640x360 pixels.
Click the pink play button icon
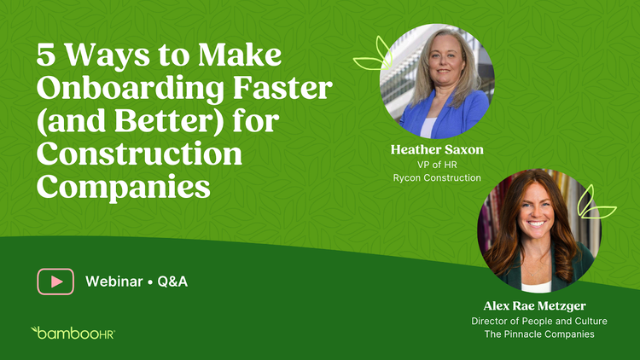(x=55, y=282)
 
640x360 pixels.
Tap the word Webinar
(x=113, y=282)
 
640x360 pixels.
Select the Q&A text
(x=172, y=282)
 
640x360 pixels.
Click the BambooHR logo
(x=73, y=333)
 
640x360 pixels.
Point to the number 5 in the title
(x=46, y=55)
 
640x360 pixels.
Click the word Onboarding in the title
(x=131, y=89)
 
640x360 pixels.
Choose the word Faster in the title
(x=282, y=88)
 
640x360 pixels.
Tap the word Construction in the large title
(x=139, y=154)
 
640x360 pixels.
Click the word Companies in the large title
(x=123, y=188)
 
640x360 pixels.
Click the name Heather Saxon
(x=437, y=150)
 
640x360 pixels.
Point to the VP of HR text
(x=437, y=165)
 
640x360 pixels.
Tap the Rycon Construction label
(x=437, y=178)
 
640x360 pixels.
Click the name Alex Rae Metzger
(x=535, y=305)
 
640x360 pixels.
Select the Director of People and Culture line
(x=539, y=322)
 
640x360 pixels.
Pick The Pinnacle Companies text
(x=539, y=334)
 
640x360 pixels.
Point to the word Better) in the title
(x=169, y=121)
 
